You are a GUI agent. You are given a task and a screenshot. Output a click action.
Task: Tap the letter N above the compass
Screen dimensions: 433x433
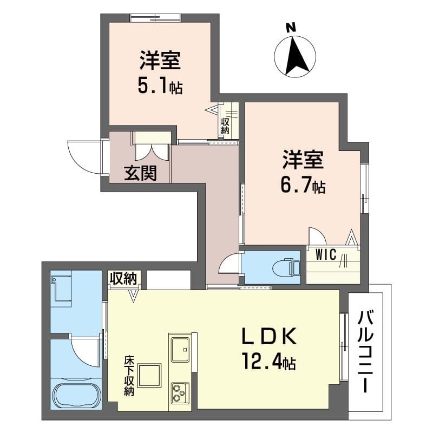click(x=291, y=27)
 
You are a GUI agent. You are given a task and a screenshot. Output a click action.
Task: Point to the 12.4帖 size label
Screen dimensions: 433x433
click(x=268, y=362)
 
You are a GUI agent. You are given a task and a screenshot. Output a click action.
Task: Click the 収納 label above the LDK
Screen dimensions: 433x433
click(x=124, y=279)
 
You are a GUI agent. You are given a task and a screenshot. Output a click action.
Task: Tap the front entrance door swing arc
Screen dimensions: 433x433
click(x=84, y=157)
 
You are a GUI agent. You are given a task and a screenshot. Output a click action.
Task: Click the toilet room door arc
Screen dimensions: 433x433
click(x=228, y=264)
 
